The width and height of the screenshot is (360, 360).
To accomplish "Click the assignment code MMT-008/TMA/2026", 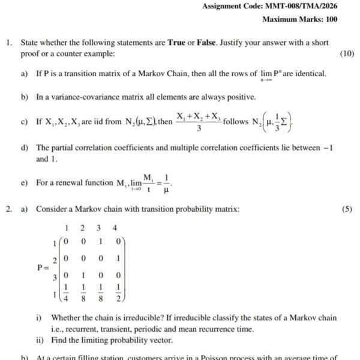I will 300,6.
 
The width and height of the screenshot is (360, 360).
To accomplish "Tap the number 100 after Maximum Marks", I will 330,19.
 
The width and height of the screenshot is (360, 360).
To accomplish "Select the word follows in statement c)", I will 235,122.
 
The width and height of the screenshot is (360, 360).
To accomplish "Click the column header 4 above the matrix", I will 115,228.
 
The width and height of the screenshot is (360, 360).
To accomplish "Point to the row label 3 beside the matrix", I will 54,277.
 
